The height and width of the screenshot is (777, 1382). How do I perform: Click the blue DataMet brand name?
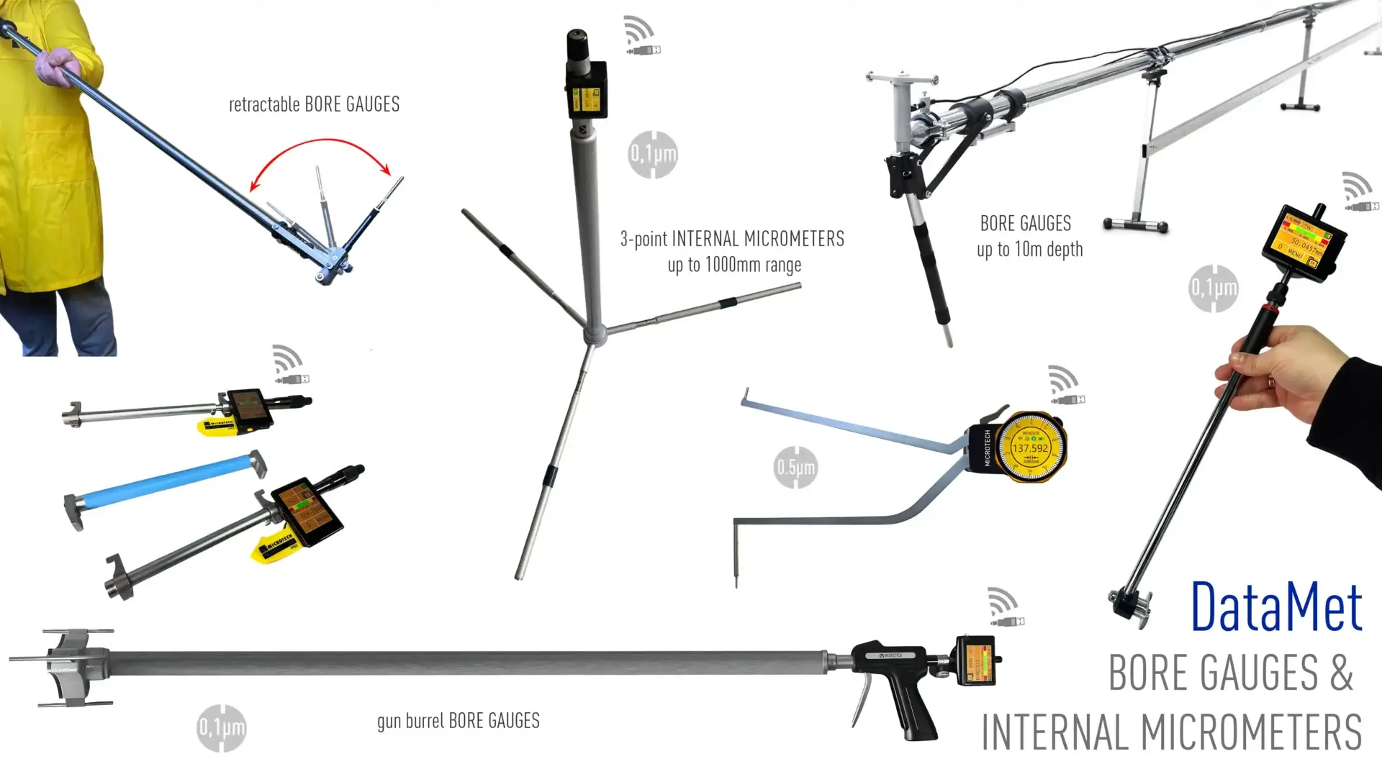click(x=1276, y=607)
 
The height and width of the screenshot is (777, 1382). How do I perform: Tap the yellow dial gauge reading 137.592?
click(x=1031, y=447)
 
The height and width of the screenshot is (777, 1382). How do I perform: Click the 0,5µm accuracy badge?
click(x=795, y=468)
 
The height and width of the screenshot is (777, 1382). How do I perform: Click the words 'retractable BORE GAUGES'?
click(x=314, y=105)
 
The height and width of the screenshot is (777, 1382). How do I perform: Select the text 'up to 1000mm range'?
click(x=734, y=265)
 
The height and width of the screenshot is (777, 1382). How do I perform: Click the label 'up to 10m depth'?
click(x=1029, y=250)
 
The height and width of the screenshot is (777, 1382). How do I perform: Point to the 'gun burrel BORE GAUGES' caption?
click(x=459, y=721)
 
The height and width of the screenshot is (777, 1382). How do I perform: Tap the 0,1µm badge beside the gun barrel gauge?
click(x=221, y=728)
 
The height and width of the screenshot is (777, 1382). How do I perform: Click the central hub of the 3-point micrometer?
click(x=595, y=333)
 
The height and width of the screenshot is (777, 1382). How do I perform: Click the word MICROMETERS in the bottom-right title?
click(x=1252, y=732)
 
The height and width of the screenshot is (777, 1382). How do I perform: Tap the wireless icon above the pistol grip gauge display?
click(x=1004, y=606)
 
